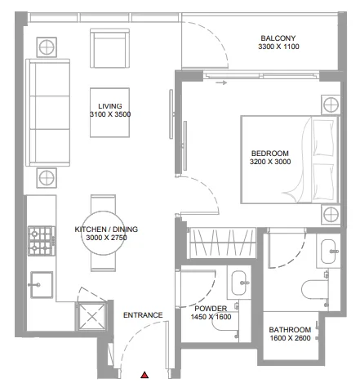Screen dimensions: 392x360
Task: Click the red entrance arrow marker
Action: pos(144,375)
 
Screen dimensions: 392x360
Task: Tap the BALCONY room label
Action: pos(278,38)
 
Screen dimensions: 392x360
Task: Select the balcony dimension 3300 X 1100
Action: pos(278,48)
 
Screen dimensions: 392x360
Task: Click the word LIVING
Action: pos(110,106)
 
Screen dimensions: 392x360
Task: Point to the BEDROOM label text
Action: pos(269,154)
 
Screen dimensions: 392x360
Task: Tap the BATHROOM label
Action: pos(290,330)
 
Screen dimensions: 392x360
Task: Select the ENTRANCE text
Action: pos(142,315)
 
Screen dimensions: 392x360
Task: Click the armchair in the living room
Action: pos(109,51)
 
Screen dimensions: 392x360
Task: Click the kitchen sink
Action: pos(41,283)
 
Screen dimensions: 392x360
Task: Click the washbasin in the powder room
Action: pos(241,283)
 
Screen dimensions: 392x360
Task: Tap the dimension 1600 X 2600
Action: pos(290,340)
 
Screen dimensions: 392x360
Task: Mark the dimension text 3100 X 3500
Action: pos(110,115)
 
